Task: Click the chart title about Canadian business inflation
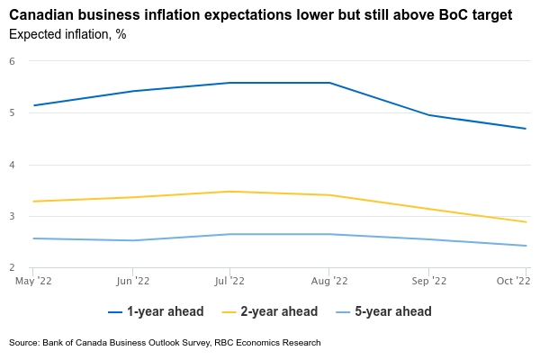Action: tap(261, 14)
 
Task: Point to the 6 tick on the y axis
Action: tap(13, 61)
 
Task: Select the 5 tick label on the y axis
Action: tap(13, 113)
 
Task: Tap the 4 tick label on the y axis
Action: tap(13, 165)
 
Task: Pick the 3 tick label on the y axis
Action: tap(13, 217)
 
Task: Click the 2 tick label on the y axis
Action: tap(13, 268)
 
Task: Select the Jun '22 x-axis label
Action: tap(132, 282)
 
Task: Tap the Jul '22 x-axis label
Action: tap(230, 282)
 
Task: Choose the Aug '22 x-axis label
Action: tap(329, 282)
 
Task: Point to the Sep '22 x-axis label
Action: tap(428, 282)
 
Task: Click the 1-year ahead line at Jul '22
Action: tap(230, 83)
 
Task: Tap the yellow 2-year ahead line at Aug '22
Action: tap(329, 195)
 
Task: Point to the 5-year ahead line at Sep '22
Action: tap(428, 239)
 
